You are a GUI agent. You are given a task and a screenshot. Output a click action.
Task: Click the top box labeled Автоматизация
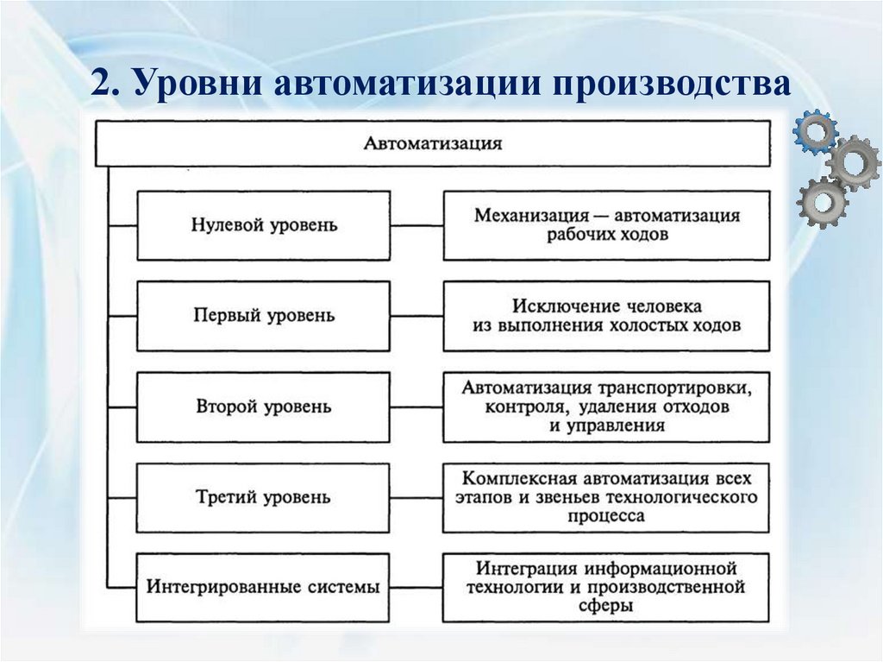coord(432,143)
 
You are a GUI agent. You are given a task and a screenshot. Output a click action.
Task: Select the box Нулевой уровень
coord(264,225)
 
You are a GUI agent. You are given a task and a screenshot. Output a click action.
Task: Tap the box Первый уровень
coord(264,316)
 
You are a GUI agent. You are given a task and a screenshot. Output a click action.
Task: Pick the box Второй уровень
coord(264,407)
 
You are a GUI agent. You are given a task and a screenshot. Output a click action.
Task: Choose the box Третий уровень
coord(264,497)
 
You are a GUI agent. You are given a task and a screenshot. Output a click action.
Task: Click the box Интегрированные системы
coord(264,588)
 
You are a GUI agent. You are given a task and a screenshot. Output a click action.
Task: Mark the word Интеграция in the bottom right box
coord(525,569)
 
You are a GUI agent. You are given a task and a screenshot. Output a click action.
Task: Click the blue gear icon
coord(815,131)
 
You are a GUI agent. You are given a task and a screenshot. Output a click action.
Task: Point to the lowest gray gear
coord(822,202)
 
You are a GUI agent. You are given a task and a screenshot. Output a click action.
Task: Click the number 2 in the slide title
coord(102,86)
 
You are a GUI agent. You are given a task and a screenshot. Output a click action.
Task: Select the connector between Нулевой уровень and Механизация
coord(416,225)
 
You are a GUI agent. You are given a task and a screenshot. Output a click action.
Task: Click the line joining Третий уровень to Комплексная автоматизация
coord(416,497)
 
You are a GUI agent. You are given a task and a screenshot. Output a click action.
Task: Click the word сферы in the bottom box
coord(606,607)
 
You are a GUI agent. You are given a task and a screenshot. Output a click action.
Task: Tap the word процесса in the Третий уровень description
coord(606,516)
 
